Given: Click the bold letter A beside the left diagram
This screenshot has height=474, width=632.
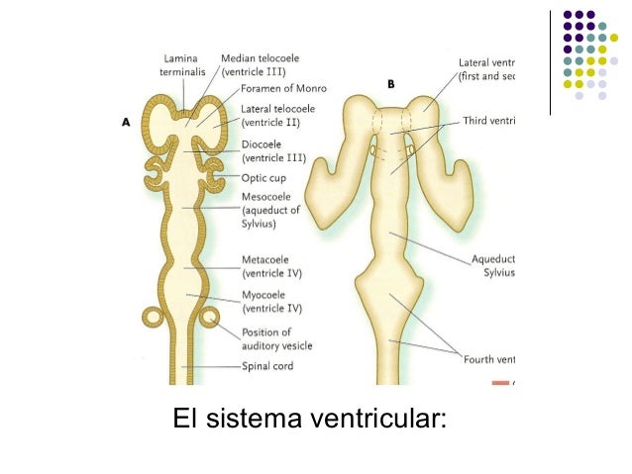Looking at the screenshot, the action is pyautogui.click(x=126, y=123).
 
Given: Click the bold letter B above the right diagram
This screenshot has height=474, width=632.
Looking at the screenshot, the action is pyautogui.click(x=390, y=84).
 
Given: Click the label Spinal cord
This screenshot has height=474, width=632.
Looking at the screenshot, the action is pyautogui.click(x=267, y=366).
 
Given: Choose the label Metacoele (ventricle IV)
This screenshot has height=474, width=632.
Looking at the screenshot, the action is pyautogui.click(x=271, y=266).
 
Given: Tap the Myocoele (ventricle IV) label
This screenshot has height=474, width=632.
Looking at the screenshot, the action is pyautogui.click(x=271, y=302).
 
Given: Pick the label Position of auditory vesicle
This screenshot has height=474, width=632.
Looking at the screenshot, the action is pyautogui.click(x=277, y=338).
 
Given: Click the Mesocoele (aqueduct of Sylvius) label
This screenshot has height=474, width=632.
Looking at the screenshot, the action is pyautogui.click(x=272, y=209).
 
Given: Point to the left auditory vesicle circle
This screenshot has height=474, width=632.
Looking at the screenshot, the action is pyautogui.click(x=154, y=317).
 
